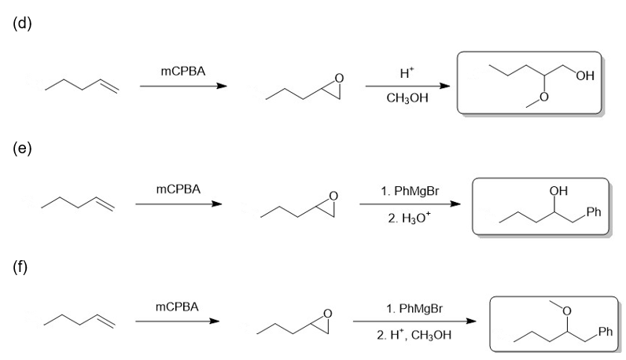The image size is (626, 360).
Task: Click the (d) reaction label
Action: click(x=22, y=24)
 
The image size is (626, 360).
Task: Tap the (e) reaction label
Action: click(x=22, y=149)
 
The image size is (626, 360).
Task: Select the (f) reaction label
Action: click(x=20, y=266)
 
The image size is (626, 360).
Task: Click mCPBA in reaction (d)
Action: click(x=183, y=71)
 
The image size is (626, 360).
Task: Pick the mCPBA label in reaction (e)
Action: click(x=178, y=189)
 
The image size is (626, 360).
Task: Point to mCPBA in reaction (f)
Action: click(x=177, y=307)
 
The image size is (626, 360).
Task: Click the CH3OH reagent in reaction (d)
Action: click(x=407, y=98)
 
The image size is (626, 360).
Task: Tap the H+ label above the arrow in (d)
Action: click(x=407, y=72)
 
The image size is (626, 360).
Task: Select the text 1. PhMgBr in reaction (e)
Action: click(x=410, y=191)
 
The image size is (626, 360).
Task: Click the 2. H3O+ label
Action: click(x=409, y=218)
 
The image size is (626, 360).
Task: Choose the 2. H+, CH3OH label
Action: click(x=414, y=335)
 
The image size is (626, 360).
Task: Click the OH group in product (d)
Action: click(x=585, y=75)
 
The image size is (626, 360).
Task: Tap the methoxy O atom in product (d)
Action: click(x=543, y=97)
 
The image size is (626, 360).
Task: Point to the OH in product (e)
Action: click(x=558, y=191)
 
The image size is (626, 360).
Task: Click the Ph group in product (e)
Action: click(x=594, y=212)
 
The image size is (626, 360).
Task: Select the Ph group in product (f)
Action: click(x=606, y=332)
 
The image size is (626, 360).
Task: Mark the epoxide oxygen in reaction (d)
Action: click(x=339, y=79)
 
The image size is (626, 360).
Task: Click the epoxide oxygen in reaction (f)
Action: click(x=327, y=314)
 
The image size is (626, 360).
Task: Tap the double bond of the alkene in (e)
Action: click(x=105, y=203)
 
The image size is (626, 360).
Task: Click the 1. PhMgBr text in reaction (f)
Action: click(x=414, y=308)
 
